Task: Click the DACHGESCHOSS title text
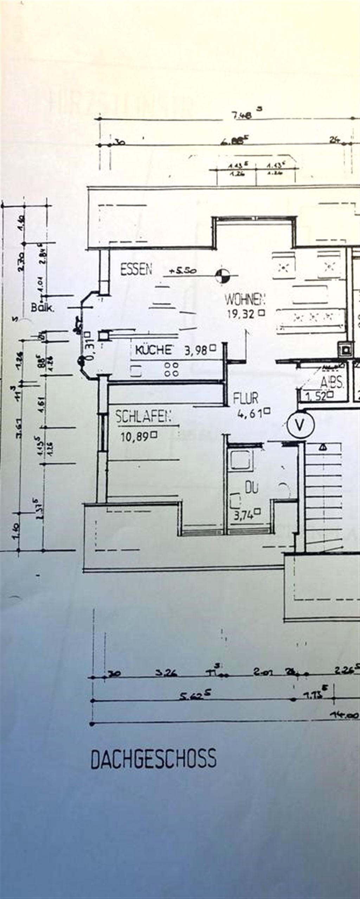[x=154, y=758]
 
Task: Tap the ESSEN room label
[x=136, y=269]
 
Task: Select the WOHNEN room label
[x=245, y=299]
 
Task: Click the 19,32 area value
[x=241, y=314]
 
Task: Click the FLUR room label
[x=246, y=398]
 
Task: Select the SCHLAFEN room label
[x=143, y=417]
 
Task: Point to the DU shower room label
[x=251, y=487]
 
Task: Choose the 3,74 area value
[x=244, y=516]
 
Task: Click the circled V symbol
[x=300, y=425]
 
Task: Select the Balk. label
[x=43, y=308]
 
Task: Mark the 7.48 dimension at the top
[x=242, y=115]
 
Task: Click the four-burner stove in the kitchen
[x=172, y=369]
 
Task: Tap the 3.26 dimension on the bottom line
[x=166, y=673]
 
